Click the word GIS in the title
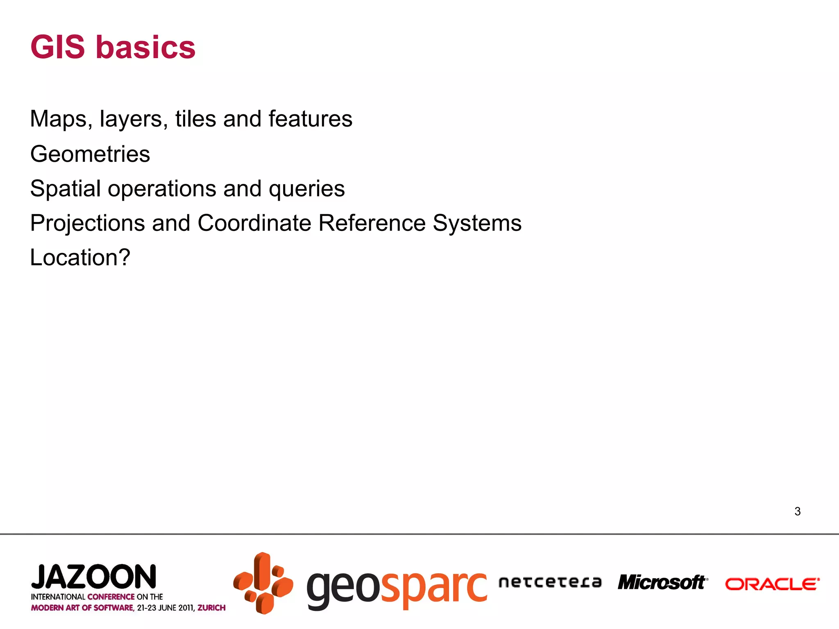(x=57, y=47)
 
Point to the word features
(x=310, y=119)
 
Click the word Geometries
(x=90, y=154)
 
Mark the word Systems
(x=477, y=224)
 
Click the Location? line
(x=80, y=258)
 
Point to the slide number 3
(x=797, y=511)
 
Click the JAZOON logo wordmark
(x=94, y=577)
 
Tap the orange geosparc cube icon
(x=263, y=583)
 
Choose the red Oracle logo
(x=772, y=584)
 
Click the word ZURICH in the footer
(x=211, y=608)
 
